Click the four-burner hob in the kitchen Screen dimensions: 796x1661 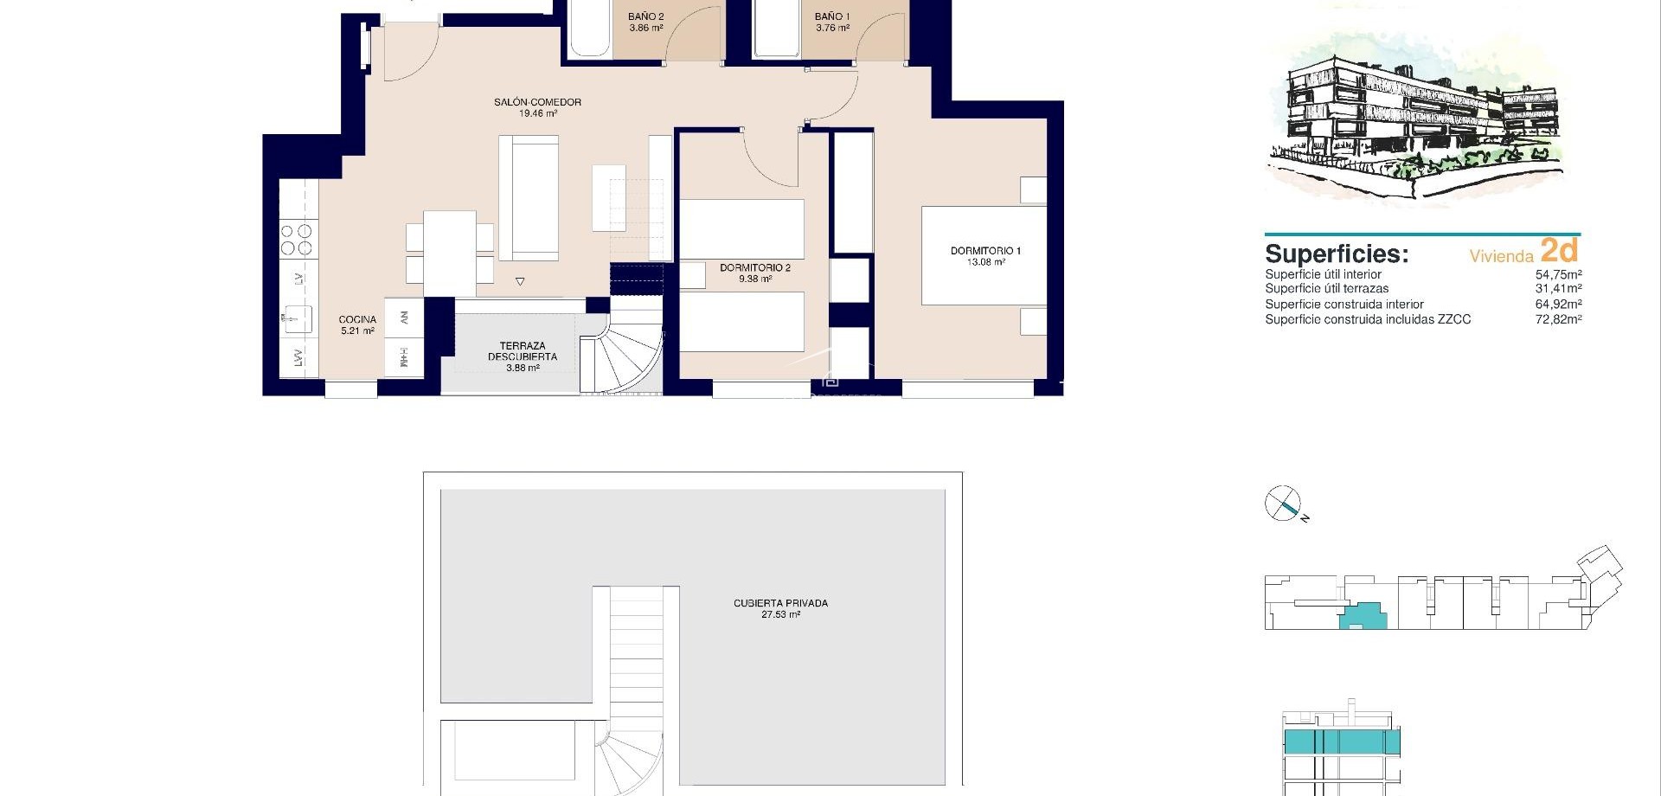[x=298, y=240]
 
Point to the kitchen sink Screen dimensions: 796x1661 [x=298, y=318]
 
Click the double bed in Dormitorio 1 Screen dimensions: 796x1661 [x=984, y=255]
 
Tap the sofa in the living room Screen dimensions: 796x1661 [x=529, y=198]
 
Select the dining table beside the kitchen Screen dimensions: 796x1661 [x=449, y=253]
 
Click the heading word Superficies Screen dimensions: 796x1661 [x=1336, y=254]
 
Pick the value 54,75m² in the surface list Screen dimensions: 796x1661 [x=1558, y=274]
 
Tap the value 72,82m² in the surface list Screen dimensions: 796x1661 [x=1558, y=319]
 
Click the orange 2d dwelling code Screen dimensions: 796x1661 [x=1559, y=250]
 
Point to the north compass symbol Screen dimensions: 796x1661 [x=1284, y=504]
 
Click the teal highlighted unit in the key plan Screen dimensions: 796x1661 [x=1362, y=615]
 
